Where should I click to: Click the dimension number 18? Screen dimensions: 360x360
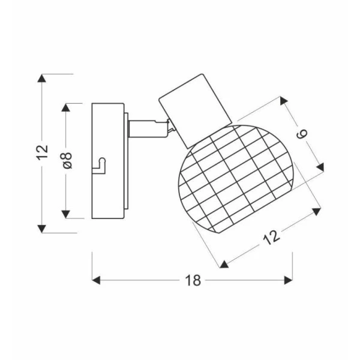[193, 280]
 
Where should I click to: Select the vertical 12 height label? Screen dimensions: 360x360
[42, 152]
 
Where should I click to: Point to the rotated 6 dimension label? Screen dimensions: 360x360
[302, 134]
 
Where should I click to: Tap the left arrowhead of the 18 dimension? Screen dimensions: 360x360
[96, 280]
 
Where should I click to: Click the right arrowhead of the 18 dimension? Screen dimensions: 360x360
[289, 280]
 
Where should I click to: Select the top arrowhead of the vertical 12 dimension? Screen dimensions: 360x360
[41, 78]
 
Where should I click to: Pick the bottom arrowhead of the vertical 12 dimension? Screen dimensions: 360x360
[41, 229]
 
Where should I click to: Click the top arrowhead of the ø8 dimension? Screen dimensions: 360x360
[65, 107]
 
